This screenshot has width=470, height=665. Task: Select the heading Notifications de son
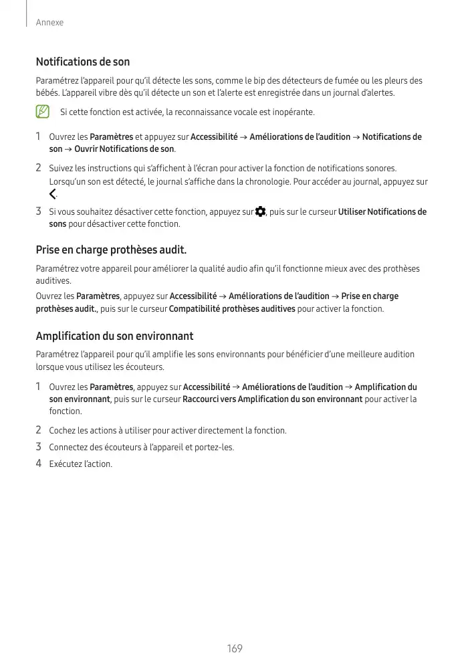[x=82, y=62]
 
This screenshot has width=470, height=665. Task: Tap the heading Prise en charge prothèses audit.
[x=111, y=251]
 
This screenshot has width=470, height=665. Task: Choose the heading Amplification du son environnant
[x=114, y=336]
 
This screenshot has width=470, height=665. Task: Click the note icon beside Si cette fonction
[x=42, y=111]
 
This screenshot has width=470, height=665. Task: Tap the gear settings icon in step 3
[x=260, y=212]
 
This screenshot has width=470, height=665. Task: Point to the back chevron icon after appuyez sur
[x=53, y=195]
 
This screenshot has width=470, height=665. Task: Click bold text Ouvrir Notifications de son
[x=124, y=149]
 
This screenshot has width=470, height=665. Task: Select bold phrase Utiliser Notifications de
[x=382, y=212]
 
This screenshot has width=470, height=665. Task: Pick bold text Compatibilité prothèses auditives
[x=232, y=308]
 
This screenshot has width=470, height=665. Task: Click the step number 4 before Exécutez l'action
[x=39, y=464]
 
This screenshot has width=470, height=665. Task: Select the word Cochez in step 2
[x=62, y=430]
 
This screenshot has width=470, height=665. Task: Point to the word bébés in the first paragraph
[x=47, y=92]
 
